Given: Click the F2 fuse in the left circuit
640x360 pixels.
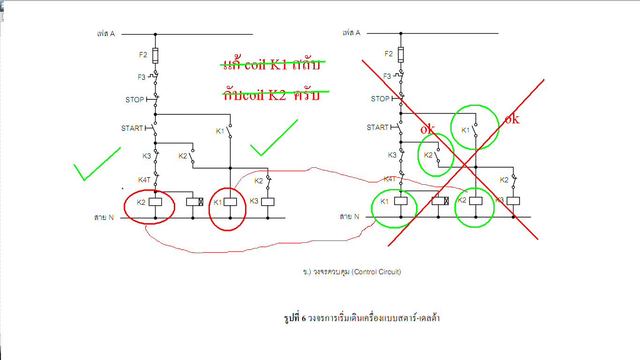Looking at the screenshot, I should point(155,55).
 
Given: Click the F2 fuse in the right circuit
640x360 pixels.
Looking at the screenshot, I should point(401,54).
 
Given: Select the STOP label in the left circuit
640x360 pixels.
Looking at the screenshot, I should point(135,100).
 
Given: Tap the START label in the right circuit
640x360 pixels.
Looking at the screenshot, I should point(378,127).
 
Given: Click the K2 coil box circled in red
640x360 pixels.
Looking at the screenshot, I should point(155,202).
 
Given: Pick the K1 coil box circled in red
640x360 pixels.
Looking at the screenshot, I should point(230,202).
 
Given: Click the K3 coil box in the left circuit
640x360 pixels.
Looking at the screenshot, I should point(268,202).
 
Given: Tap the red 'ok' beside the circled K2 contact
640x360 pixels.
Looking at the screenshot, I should point(427,129).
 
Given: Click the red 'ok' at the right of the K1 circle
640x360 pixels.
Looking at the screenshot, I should point(512,119).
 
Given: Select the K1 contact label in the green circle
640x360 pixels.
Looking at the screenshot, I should point(465,130).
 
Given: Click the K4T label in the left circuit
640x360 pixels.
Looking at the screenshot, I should point(144,180).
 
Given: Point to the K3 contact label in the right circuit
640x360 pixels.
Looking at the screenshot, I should point(392,155).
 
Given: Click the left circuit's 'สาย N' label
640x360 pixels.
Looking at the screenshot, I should point(104,217).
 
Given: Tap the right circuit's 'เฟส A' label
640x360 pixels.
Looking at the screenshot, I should point(351,33).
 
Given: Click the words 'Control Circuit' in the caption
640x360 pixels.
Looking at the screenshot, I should point(378,272).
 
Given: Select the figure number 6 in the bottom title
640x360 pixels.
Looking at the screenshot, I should point(304,318).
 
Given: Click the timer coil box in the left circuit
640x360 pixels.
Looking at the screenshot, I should point(195,202).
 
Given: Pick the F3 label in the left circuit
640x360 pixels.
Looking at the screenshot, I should point(141,77).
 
